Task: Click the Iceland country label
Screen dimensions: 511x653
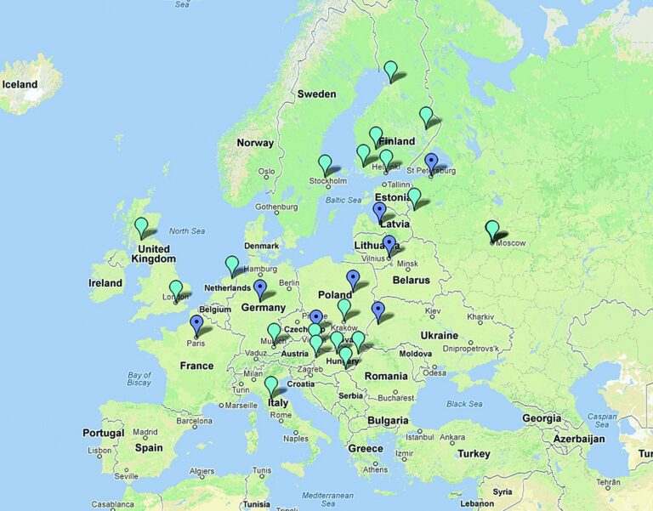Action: coord(20,85)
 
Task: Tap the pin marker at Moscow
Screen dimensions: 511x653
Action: coord(492,229)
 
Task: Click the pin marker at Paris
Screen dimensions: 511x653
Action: coord(196,323)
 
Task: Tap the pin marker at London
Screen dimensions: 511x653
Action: coord(175,288)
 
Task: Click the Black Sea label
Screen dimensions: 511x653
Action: coord(463,404)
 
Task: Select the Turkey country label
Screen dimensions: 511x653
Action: coord(474,454)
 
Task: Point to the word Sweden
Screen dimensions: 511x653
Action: coord(316,94)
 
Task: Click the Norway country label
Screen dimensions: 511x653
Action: coord(255,143)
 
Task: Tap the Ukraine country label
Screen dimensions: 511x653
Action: coord(439,336)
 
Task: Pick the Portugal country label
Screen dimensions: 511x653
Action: coord(104,433)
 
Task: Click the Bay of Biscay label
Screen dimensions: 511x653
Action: coord(139,379)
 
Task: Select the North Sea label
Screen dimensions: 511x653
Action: coord(187,231)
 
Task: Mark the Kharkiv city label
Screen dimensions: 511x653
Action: coord(480,317)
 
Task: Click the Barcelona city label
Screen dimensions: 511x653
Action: coord(194,421)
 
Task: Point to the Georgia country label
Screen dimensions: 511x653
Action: coord(542,418)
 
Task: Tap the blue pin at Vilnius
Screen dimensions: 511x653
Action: coord(389,244)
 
